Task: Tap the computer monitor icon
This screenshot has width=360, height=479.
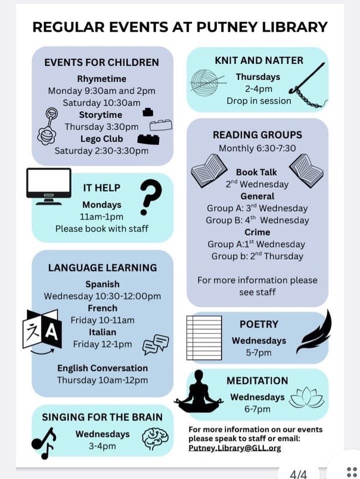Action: coord(49,185)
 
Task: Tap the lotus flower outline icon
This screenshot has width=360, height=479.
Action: coord(306,398)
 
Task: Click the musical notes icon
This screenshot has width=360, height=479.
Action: coord(44,443)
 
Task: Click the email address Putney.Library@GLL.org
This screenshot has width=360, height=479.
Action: coord(234,448)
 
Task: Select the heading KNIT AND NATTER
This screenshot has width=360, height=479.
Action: coord(259,60)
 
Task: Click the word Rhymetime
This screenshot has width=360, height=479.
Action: coord(101,79)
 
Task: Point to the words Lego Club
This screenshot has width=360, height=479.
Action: coord(101,139)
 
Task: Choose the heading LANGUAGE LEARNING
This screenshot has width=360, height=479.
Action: coord(103,268)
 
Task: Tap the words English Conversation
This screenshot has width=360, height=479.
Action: coord(103,368)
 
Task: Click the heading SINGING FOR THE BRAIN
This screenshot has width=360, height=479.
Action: coord(103,417)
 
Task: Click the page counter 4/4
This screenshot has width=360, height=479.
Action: coord(297,474)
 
